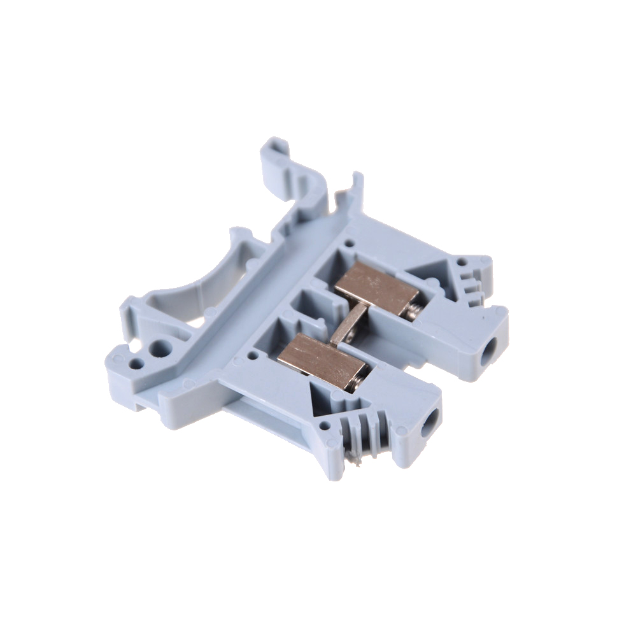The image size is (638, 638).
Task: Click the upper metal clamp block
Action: [x=376, y=287]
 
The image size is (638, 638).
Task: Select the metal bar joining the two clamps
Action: [x=348, y=325]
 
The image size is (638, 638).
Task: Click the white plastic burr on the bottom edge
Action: [x=360, y=455]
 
